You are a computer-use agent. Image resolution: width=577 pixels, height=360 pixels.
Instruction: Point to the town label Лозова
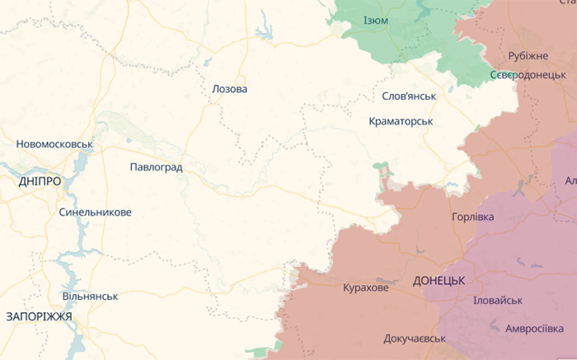coord(229,89)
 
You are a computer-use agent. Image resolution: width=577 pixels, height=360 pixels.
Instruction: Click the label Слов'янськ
coord(409,96)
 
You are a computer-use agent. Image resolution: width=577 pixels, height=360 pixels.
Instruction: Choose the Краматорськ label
coord(401,121)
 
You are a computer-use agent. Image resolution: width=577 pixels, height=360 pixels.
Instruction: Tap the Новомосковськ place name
coord(54,144)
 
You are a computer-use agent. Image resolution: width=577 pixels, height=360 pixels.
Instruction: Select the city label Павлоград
coord(156,167)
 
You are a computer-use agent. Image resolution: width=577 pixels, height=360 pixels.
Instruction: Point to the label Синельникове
coord(95,212)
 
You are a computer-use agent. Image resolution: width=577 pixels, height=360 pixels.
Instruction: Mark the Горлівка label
coord(473,217)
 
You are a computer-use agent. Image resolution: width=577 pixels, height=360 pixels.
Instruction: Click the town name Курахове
coord(365,288)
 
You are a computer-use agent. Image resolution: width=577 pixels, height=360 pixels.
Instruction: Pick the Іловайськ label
coord(498,301)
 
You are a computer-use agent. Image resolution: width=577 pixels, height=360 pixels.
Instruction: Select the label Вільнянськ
coord(90,296)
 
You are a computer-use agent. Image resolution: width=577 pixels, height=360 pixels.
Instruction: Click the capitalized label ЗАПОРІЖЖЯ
coord(39,316)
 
